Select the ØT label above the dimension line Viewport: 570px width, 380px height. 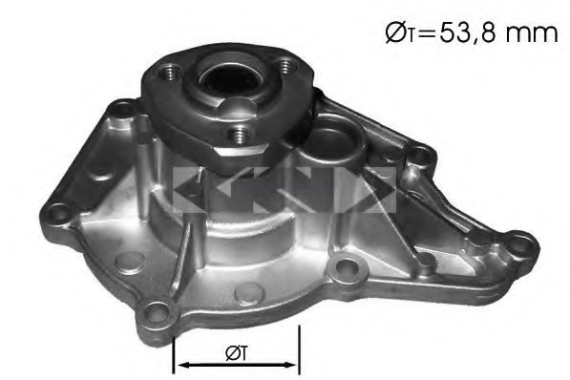tap(238, 352)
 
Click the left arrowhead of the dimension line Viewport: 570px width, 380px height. tap(181, 364)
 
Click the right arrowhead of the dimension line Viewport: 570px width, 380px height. tap(292, 364)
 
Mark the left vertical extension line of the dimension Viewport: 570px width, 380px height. tap(173, 348)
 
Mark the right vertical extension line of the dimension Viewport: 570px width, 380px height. tap(300, 348)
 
